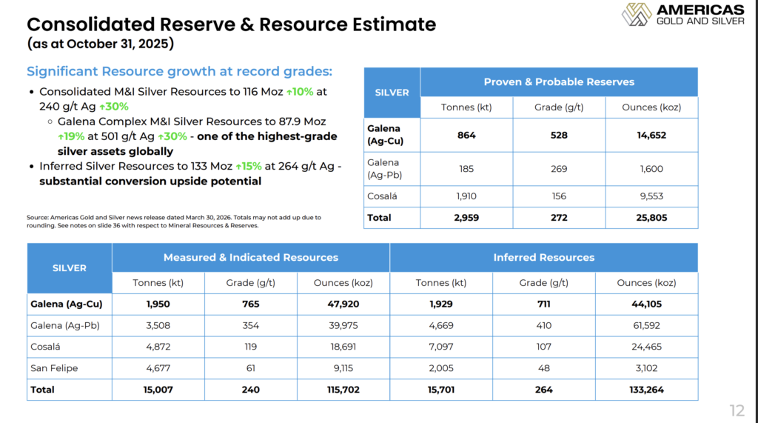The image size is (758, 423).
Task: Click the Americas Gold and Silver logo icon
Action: (x=637, y=14)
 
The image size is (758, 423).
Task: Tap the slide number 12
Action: (x=737, y=411)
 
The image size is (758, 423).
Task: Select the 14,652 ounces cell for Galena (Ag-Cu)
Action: (x=651, y=135)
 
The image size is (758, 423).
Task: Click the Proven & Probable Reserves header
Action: (x=559, y=81)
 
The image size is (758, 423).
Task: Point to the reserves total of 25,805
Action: (x=651, y=218)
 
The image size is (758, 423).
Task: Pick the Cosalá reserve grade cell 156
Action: (x=559, y=196)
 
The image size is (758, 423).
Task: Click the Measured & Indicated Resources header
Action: (x=250, y=258)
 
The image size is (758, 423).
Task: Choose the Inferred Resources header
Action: (x=544, y=258)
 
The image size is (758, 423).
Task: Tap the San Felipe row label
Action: (x=54, y=368)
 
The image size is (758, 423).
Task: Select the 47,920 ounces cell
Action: (x=343, y=304)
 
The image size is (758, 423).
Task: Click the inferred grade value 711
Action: (x=544, y=304)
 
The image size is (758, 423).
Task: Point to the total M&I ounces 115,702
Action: (x=343, y=390)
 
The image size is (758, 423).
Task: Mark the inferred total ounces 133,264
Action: (x=646, y=390)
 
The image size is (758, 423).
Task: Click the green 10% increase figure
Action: (x=300, y=91)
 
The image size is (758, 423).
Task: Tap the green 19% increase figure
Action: (x=71, y=136)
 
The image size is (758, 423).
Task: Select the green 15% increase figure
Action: (x=249, y=167)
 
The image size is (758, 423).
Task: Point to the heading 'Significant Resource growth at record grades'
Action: (x=179, y=71)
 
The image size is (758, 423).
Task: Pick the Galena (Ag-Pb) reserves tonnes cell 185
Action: (x=466, y=169)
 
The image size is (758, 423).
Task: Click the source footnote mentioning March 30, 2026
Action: (x=173, y=222)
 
